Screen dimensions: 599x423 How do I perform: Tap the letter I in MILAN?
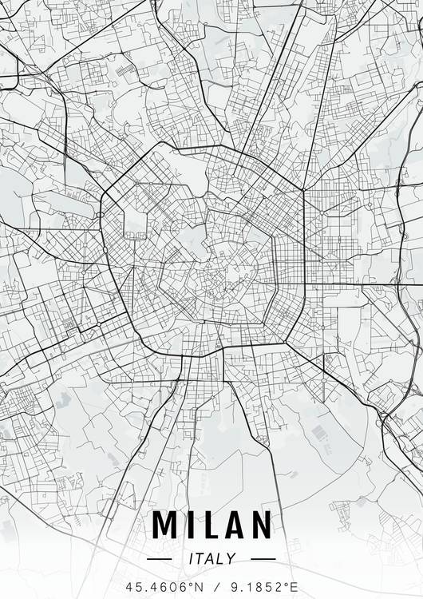(188, 525)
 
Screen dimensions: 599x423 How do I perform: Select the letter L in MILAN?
(207, 525)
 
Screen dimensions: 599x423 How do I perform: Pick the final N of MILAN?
(259, 525)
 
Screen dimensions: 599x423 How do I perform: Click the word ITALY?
(211, 559)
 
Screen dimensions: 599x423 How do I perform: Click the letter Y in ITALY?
(231, 559)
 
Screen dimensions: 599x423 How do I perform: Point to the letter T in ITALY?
(200, 559)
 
